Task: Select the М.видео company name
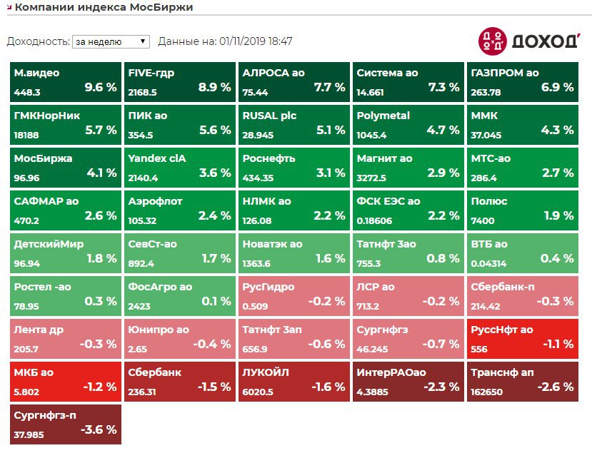(x=36, y=73)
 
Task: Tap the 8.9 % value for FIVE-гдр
(x=214, y=88)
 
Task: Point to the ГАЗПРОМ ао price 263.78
(x=486, y=92)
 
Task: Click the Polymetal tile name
(x=383, y=116)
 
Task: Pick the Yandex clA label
(x=156, y=158)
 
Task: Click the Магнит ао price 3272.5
(x=371, y=178)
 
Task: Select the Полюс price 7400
(x=482, y=220)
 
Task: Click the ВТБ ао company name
(x=489, y=244)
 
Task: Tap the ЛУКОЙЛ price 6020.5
(x=258, y=392)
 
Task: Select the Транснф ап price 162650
(x=487, y=392)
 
